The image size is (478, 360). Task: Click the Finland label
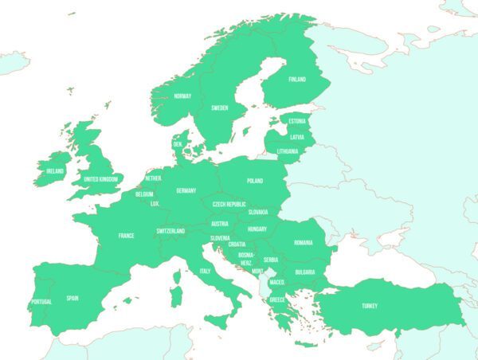point(296,80)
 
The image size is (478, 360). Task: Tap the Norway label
point(182,96)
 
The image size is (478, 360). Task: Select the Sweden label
point(220,108)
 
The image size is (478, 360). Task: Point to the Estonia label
point(297,121)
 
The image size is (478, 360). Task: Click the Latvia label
point(297,136)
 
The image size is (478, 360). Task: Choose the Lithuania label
point(288,151)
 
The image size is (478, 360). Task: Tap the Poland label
point(255,181)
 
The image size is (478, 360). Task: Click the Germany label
point(186,191)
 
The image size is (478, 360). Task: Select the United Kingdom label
point(101,179)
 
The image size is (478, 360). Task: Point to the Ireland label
point(55,170)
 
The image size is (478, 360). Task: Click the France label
point(126,236)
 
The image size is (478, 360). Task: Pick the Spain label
point(72,299)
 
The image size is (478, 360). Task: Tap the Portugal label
point(41,302)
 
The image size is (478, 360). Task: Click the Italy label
point(205,272)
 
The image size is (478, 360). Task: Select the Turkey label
point(370,306)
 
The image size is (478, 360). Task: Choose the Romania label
point(303,243)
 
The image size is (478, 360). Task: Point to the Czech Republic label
point(229,204)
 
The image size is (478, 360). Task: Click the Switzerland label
point(170,231)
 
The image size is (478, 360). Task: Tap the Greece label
point(277,300)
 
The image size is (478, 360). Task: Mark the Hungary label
point(257,229)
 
